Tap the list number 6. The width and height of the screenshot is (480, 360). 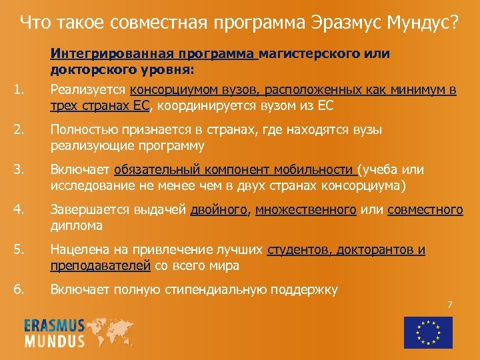click(x=20, y=290)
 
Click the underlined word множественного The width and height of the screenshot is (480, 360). click(x=305, y=211)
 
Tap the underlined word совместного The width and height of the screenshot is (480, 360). click(x=425, y=211)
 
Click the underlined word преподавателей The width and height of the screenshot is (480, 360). click(x=101, y=265)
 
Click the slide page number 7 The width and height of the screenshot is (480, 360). click(x=449, y=305)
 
